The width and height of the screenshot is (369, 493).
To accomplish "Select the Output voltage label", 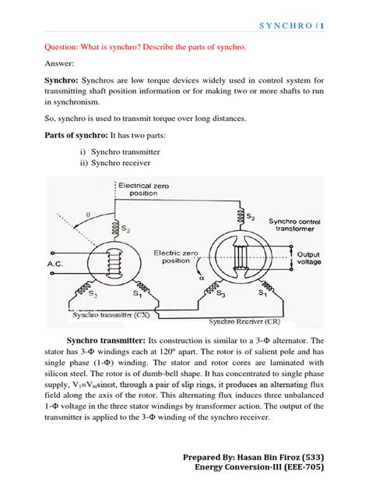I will click(311, 259).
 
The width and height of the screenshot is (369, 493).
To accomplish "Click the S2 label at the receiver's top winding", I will click(251, 215).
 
